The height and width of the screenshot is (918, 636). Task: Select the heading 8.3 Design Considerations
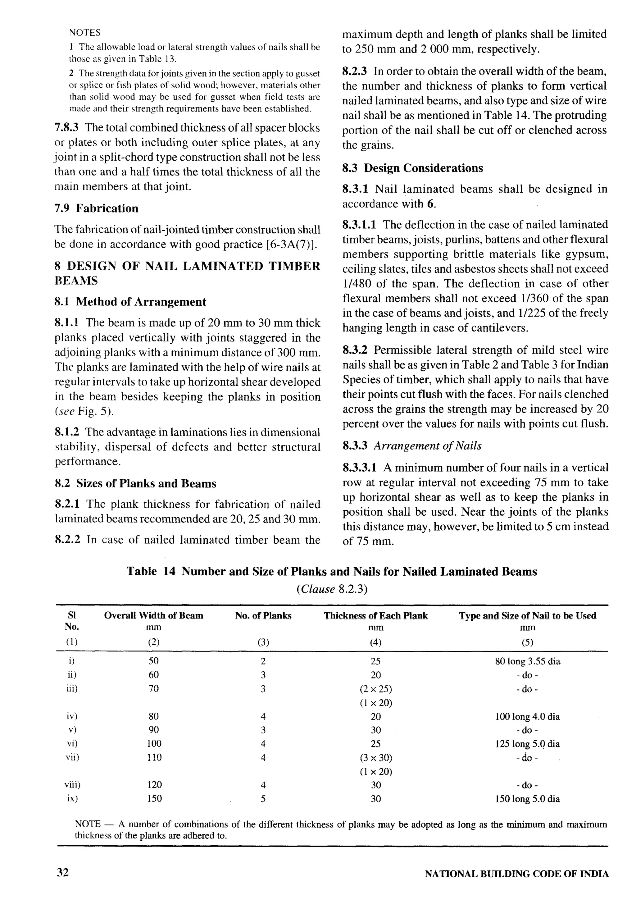tap(412, 168)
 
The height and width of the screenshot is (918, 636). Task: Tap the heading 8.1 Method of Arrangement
tap(130, 301)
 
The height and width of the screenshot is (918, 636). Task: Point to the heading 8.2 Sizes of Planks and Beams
tap(135, 483)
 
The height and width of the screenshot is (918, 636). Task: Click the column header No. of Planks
tap(263, 615)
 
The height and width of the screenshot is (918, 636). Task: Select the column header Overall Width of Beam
tap(153, 615)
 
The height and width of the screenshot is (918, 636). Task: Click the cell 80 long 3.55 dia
tap(527, 661)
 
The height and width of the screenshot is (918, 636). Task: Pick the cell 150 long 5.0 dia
tap(527, 799)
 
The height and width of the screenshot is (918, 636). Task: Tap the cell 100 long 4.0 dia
tap(527, 717)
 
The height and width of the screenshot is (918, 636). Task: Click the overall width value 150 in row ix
tap(154, 798)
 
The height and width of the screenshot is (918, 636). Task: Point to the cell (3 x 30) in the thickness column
tap(376, 757)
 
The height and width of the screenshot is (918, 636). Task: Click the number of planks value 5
tap(263, 798)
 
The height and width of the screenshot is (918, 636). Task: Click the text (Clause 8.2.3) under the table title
tap(332, 589)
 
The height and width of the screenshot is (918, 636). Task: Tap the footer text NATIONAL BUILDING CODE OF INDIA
tap(516, 874)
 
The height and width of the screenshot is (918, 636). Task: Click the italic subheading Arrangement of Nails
tap(427, 446)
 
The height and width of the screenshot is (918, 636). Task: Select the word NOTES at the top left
tap(84, 32)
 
